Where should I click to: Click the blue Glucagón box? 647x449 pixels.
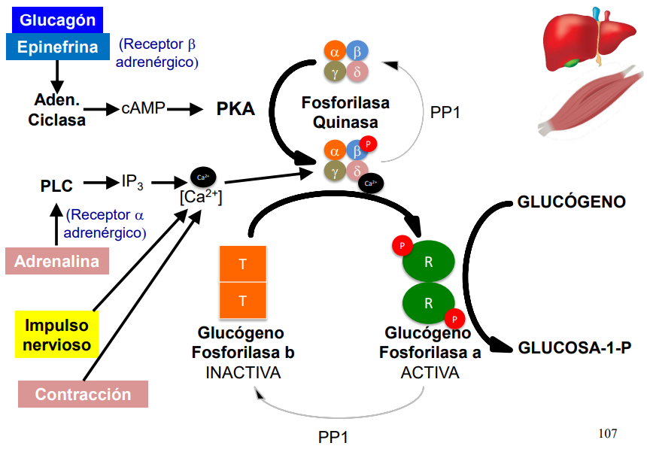(x=58, y=20)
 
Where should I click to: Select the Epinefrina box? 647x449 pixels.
(x=58, y=47)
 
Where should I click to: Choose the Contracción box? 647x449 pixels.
(x=83, y=394)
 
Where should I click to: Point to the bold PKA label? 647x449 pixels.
(x=235, y=109)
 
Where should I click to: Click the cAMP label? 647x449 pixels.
(x=143, y=109)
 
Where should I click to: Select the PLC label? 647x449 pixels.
(x=56, y=185)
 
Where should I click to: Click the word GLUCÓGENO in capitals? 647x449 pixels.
(x=572, y=202)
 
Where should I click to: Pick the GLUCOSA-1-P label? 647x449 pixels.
(x=574, y=348)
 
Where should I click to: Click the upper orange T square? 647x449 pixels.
(x=242, y=264)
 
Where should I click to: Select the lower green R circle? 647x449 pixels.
(x=428, y=303)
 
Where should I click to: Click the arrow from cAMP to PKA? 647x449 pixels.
(x=187, y=109)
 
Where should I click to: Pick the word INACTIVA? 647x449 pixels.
(x=242, y=372)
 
